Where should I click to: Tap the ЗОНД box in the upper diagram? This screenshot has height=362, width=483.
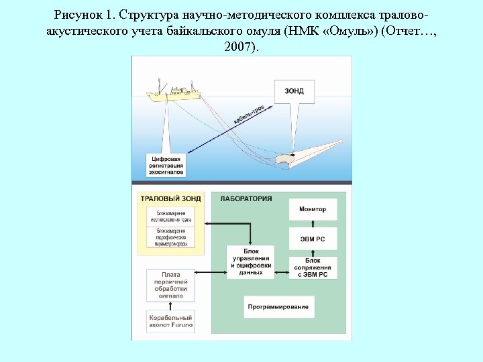[x=294, y=91]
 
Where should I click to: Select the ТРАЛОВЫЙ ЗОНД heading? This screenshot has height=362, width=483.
[x=170, y=198]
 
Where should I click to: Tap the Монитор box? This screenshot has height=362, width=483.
[x=313, y=209]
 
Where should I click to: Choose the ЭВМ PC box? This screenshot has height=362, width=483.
[x=313, y=239]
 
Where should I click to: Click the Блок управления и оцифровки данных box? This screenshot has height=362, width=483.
[x=251, y=262]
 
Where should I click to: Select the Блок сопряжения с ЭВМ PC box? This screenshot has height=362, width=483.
[x=313, y=267]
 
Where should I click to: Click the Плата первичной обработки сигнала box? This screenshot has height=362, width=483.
[x=171, y=285]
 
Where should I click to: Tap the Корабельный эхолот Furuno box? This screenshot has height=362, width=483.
[x=171, y=320]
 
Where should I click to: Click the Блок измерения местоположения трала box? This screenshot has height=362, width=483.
[x=170, y=217]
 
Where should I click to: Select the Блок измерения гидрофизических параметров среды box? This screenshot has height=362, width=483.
[x=170, y=236]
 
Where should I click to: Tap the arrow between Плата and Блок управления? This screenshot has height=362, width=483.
[x=211, y=272]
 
